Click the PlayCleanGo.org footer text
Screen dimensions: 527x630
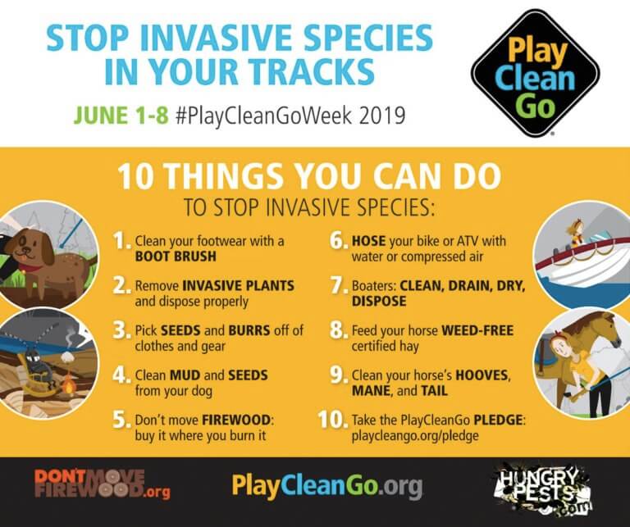[x=326, y=485]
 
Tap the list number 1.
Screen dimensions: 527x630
[x=121, y=241]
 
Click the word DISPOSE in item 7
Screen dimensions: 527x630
[x=379, y=301]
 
